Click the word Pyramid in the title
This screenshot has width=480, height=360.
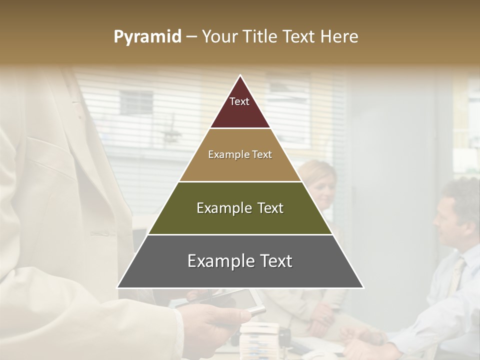pyautogui.click(x=147, y=37)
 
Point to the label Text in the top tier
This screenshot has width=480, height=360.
pyautogui.click(x=239, y=102)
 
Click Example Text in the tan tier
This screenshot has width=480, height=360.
pyautogui.click(x=240, y=154)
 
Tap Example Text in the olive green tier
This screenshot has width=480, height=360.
pyautogui.click(x=240, y=208)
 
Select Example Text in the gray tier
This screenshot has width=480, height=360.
pyautogui.click(x=240, y=261)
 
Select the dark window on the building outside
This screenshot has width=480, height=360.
pyautogui.click(x=136, y=102)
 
